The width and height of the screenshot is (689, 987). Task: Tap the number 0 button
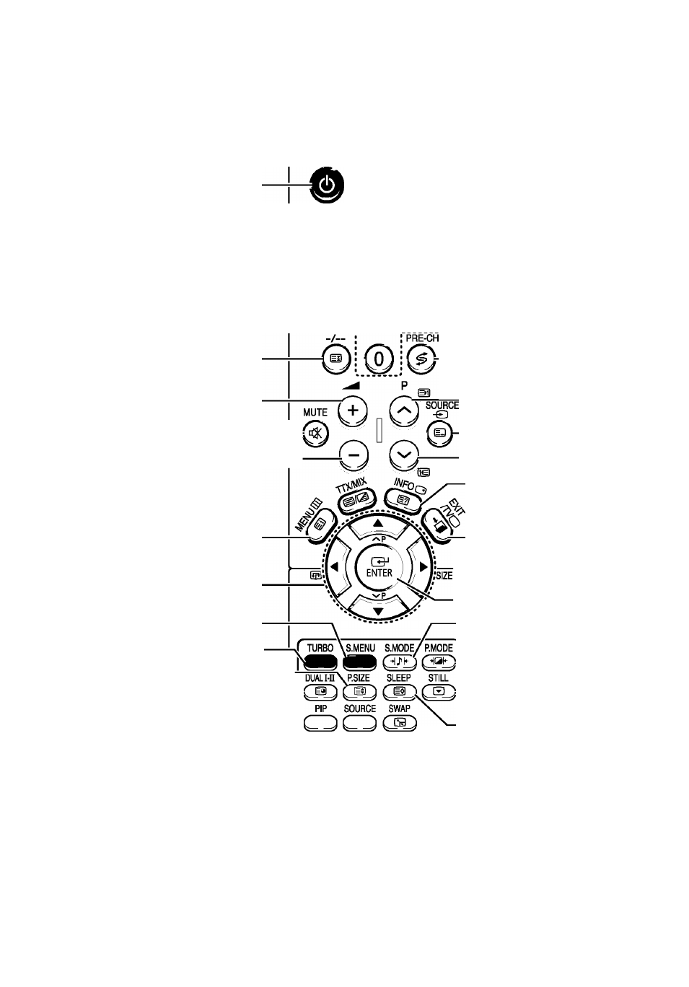tap(379, 359)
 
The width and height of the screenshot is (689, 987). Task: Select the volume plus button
tap(352, 411)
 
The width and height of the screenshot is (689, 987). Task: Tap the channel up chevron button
tap(405, 411)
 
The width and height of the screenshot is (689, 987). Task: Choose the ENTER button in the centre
tap(379, 568)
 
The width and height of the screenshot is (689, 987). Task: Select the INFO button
tap(402, 500)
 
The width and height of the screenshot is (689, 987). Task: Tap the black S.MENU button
tap(360, 662)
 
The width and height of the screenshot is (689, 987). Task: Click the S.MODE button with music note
tap(400, 662)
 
